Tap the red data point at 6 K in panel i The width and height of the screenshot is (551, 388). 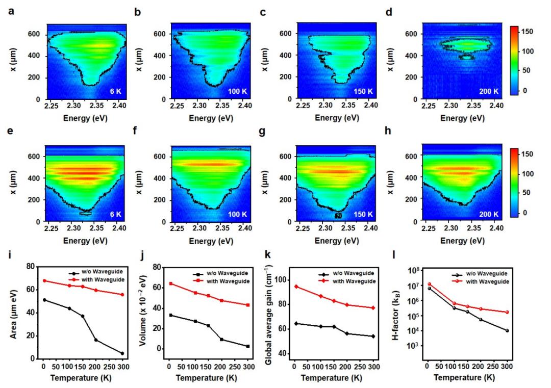[44, 280]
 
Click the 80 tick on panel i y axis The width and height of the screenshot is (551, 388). [30, 267]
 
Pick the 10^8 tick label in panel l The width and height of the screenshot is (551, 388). [412, 271]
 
